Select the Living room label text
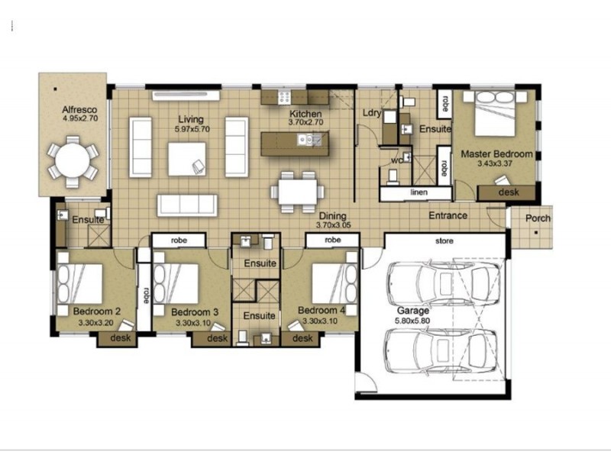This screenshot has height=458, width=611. pos(190,119)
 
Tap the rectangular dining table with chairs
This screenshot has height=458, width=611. pos(296,192)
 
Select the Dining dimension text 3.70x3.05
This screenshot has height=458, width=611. pos(334,226)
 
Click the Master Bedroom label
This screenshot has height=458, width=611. pos(496,153)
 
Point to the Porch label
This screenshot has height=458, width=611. pos(538,218)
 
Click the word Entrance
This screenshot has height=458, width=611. pos(448,215)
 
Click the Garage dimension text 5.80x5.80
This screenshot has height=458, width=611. pos(412,322)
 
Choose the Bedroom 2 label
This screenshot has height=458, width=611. pos(98,311)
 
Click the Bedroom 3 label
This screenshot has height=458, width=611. pos(195,312)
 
